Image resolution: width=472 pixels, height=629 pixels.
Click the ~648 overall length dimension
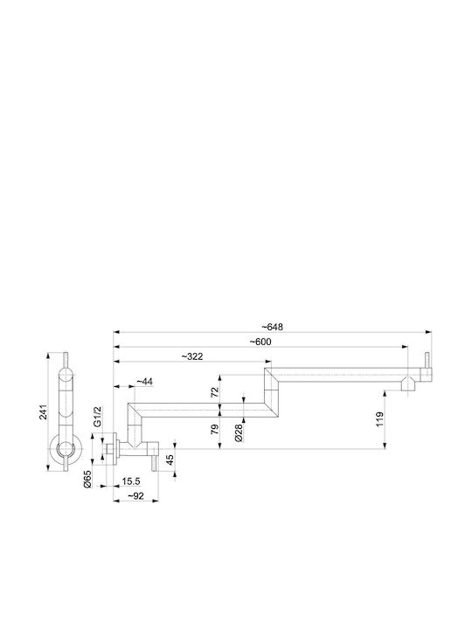click(273, 327)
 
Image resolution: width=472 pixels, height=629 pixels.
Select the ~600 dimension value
click(260, 342)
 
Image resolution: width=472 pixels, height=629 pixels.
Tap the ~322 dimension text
click(192, 356)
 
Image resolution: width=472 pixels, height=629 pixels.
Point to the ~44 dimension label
click(144, 382)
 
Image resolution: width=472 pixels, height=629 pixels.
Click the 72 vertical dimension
click(215, 391)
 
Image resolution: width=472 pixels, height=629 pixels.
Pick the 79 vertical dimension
click(215, 429)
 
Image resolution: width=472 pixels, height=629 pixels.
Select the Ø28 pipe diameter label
click(239, 432)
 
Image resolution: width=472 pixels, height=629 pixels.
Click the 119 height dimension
click(379, 419)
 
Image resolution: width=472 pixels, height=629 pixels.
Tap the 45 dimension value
click(170, 460)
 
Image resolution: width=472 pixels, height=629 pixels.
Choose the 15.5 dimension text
click(131, 481)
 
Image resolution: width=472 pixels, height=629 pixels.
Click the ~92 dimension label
click(135, 496)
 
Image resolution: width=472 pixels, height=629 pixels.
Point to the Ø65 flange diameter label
click(87, 479)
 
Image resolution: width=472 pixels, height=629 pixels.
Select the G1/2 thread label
click(97, 418)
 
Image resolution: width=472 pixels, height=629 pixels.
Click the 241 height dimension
click(43, 412)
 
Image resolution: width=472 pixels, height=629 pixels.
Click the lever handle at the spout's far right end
click(427, 366)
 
